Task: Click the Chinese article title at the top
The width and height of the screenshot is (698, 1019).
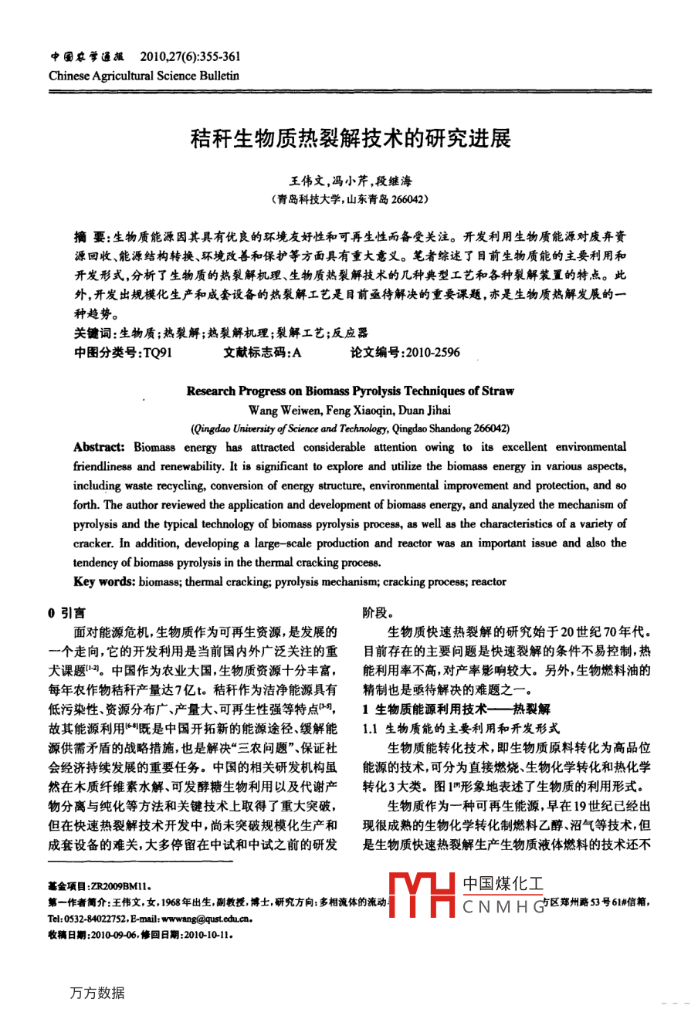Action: point(350,139)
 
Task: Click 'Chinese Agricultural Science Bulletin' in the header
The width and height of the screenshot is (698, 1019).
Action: point(144,76)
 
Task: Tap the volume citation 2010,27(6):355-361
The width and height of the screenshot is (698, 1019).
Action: point(190,56)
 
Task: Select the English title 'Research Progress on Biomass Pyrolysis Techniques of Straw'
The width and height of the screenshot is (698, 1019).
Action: point(350,391)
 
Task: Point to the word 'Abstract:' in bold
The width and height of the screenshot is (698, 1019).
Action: point(99,448)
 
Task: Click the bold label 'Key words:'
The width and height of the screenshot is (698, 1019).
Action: point(104,581)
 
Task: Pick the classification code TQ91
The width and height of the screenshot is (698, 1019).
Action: point(158,353)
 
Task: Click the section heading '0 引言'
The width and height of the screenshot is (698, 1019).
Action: point(67,614)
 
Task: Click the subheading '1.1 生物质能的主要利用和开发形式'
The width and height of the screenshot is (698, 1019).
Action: point(461,728)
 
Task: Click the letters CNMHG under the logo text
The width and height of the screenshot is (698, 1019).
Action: point(503,908)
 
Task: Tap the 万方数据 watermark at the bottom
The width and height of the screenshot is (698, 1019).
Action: point(97,993)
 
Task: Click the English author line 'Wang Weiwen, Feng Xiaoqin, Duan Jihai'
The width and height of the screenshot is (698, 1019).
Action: point(350,410)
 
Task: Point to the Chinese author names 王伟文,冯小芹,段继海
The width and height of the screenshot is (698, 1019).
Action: point(350,181)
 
